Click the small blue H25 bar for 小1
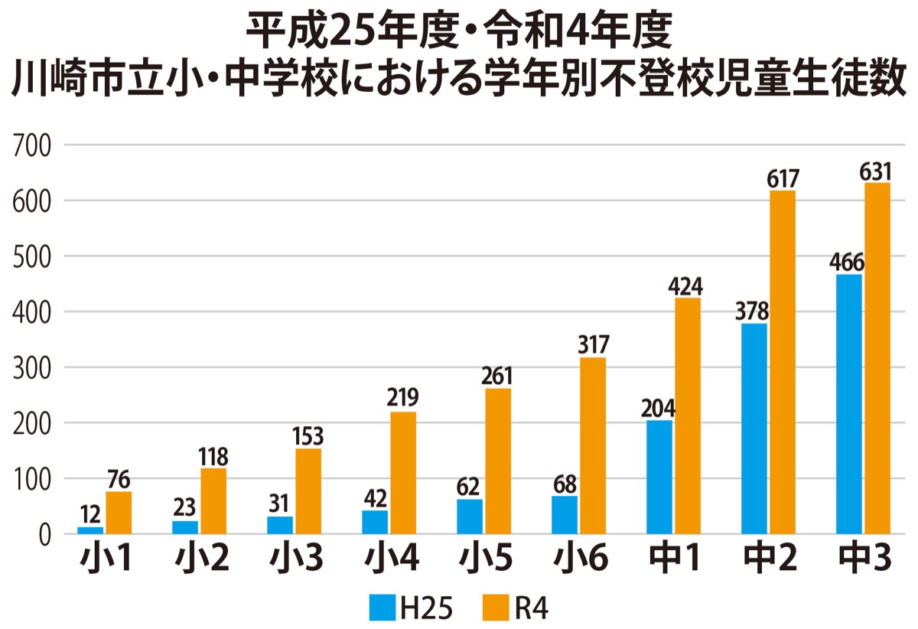[x=90, y=530]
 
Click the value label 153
[x=308, y=436]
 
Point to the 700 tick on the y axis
[x=33, y=145]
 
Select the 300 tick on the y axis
[x=33, y=367]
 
